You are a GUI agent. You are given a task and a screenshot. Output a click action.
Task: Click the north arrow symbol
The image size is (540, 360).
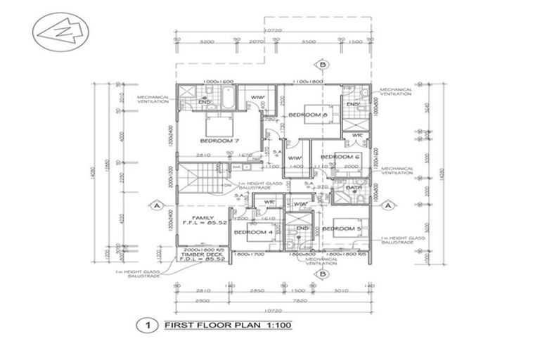[59, 32]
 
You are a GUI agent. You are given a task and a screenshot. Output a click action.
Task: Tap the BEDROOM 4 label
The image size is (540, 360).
[251, 232]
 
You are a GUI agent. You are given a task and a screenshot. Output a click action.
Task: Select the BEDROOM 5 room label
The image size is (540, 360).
[342, 229]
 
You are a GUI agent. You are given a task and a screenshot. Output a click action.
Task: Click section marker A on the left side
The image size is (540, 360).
[155, 206]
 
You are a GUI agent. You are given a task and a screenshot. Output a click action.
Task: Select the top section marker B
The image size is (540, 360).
[323, 65]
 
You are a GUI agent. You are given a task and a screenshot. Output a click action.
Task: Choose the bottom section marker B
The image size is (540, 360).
[323, 274]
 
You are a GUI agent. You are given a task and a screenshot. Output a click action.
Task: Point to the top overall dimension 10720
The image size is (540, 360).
[274, 31]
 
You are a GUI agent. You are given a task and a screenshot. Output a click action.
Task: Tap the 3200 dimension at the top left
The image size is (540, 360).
[207, 42]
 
